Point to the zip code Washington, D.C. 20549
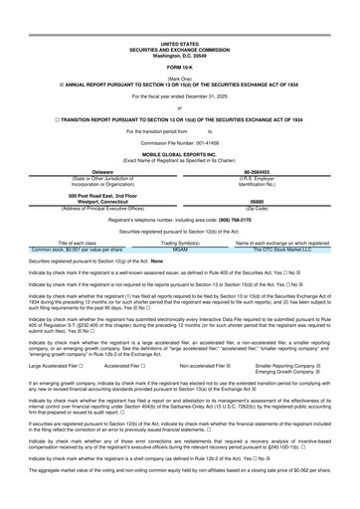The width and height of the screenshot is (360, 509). pos(179,25)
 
